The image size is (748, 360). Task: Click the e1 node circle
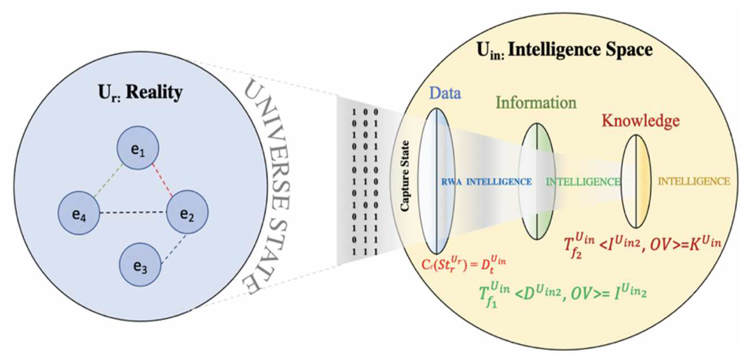[138, 148]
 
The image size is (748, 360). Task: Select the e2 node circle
[187, 212]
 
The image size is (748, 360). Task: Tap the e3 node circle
[140, 265]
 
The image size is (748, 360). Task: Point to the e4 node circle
[79, 213]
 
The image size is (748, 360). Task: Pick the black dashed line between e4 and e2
[132, 212]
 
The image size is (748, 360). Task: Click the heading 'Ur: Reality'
[140, 92]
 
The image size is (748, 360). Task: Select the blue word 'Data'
[445, 93]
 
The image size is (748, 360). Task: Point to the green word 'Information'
[536, 103]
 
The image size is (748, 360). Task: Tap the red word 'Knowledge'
[640, 120]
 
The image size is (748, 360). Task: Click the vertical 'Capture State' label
[405, 176]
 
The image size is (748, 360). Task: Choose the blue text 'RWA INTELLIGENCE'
[486, 182]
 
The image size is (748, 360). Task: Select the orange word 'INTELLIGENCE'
[694, 182]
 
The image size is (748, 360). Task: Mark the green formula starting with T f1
[562, 294]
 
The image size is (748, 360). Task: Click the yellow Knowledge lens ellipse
[636, 181]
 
